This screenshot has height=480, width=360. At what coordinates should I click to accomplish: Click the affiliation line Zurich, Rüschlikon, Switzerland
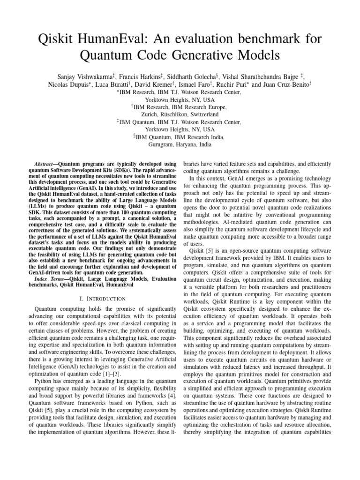[180, 114]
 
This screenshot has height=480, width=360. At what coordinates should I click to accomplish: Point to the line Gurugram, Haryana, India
[180, 145]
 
